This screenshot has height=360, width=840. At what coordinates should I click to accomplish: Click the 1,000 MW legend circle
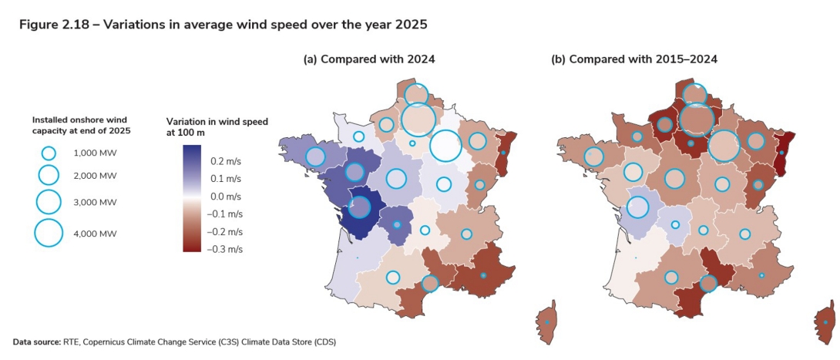49,153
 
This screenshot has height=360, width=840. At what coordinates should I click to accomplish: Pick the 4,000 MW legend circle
49,232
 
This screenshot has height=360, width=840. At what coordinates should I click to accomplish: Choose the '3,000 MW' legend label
95,202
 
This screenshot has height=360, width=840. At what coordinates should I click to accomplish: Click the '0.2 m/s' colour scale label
227,161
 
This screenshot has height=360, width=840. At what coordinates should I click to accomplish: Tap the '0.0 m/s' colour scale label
227,197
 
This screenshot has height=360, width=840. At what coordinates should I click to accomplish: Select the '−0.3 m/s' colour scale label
227,248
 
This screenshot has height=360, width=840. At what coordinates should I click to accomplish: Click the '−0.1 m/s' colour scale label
227,214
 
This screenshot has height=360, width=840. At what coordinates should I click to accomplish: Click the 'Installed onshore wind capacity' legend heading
81,126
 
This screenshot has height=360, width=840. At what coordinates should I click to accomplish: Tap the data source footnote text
174,341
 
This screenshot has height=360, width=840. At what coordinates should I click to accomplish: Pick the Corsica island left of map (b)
546,323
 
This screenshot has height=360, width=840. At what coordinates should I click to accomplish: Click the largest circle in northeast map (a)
445,146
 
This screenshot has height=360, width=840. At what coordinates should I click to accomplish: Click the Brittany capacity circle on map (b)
594,157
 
